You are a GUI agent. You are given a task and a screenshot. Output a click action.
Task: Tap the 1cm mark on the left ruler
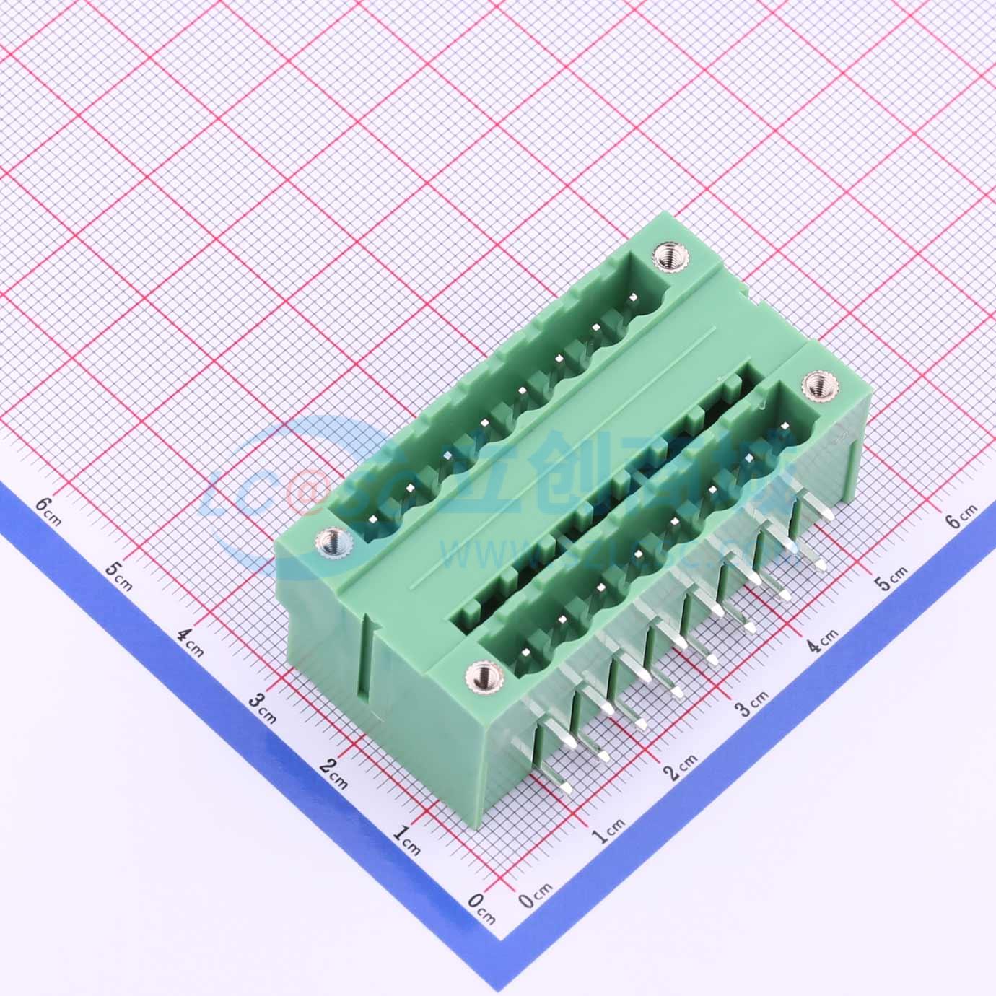pyautogui.click(x=407, y=840)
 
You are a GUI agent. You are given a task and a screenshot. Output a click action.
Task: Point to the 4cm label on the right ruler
pyautogui.click(x=821, y=638)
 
